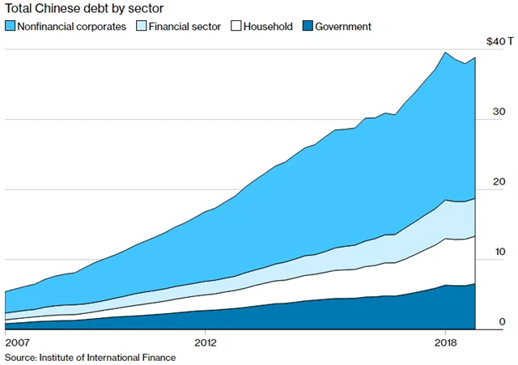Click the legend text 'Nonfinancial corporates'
click(x=71, y=27)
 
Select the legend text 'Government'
click(x=342, y=27)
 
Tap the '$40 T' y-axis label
click(x=495, y=40)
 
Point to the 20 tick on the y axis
click(x=499, y=181)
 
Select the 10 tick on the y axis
click(x=499, y=252)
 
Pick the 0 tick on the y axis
click(x=502, y=321)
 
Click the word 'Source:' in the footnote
click(x=21, y=356)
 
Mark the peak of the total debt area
click(x=445, y=53)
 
